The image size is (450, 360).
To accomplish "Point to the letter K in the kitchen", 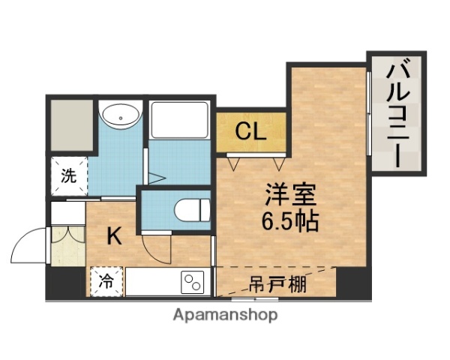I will point(114,236).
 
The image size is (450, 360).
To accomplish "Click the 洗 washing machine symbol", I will point(68,177).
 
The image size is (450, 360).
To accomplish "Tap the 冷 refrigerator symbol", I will point(107,282).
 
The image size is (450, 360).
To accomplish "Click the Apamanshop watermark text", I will point(225,315).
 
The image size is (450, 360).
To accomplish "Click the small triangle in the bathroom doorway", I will point(156,178).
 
